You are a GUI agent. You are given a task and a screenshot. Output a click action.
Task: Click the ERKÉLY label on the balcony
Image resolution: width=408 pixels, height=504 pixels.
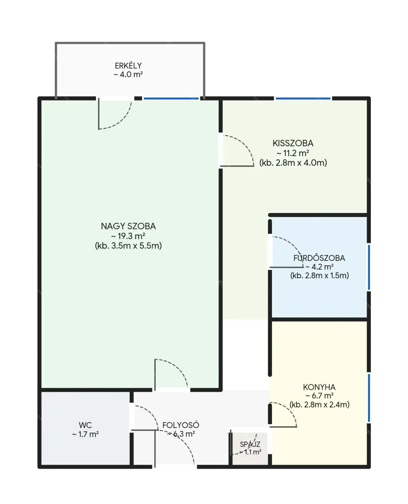pos(128,66)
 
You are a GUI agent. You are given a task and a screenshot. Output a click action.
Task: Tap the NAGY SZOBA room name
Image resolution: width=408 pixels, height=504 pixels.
pos(128,226)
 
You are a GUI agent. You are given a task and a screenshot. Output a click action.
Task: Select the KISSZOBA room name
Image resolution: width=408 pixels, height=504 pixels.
pos(293,143)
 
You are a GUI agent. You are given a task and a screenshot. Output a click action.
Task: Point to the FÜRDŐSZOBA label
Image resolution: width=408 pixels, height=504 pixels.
pos(319,258)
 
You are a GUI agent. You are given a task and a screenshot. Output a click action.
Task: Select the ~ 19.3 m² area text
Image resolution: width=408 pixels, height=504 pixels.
pos(128,236)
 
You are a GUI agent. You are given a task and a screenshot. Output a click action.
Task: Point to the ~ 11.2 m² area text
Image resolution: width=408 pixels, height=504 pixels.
pos(293,153)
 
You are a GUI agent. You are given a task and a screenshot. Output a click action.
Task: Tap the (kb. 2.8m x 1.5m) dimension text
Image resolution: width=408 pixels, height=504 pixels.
pos(320,275)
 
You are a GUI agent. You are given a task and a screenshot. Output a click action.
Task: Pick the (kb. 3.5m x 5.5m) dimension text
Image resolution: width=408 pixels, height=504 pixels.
pos(128,246)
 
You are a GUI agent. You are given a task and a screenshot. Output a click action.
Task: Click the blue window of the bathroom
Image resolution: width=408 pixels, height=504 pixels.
pos(369,267)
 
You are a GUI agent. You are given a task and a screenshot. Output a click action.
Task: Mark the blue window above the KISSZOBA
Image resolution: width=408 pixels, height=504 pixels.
pos(303,98)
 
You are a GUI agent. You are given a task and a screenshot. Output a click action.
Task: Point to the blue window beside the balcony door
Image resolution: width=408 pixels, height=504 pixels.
pos(171,98)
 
